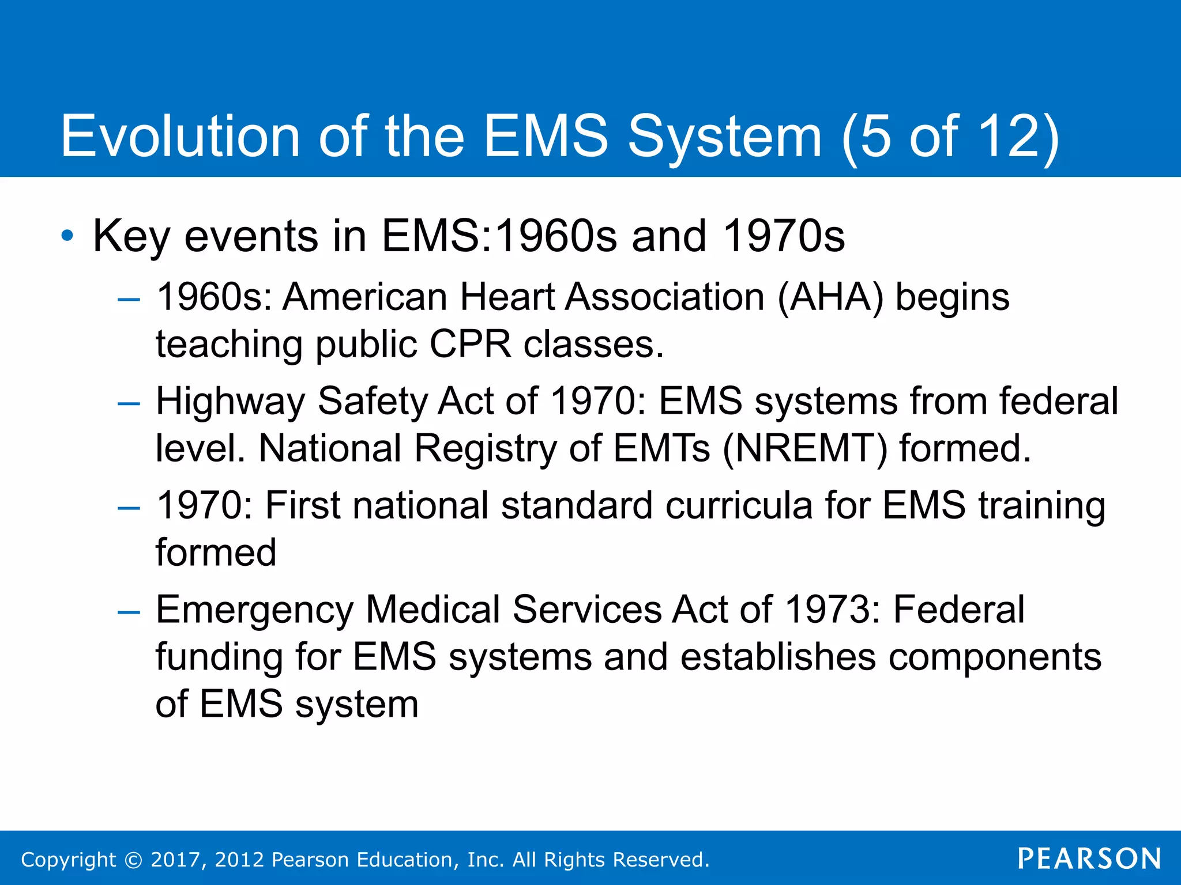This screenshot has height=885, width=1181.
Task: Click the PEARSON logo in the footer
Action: [1089, 858]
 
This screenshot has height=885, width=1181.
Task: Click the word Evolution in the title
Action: [180, 137]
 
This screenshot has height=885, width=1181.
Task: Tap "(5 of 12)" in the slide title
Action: [950, 137]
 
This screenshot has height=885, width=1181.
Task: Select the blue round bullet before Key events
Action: [67, 236]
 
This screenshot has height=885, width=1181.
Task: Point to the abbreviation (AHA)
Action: [830, 297]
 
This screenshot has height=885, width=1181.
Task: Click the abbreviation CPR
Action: [470, 345]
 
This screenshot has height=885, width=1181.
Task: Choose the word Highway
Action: [230, 402]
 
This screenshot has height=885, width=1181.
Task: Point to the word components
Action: [995, 657]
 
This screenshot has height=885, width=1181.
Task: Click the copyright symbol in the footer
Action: [133, 860]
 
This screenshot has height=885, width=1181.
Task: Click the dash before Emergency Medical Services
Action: [128, 612]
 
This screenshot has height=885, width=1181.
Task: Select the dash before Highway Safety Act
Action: [128, 403]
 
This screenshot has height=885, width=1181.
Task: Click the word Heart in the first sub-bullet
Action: [507, 297]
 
